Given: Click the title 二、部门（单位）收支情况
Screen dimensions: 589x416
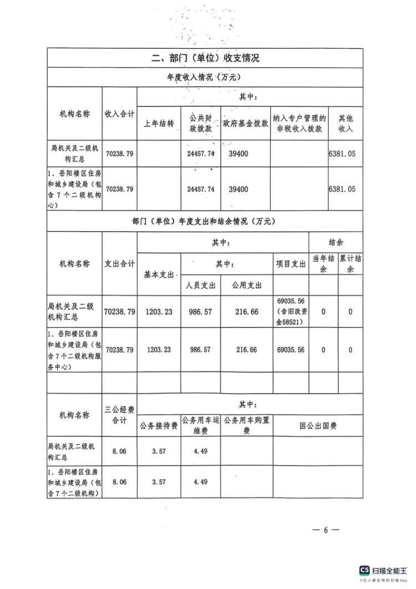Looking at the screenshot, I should point(205,58).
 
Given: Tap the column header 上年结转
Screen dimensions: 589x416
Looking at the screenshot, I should point(159,123).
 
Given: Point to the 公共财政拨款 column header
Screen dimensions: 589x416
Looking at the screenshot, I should point(201,123).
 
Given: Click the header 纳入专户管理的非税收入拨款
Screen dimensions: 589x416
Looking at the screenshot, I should point(299,123).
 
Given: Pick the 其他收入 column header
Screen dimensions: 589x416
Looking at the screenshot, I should point(346,123).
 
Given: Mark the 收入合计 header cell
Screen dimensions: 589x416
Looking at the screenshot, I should point(119,113).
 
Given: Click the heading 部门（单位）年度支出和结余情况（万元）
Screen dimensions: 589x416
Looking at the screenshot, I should point(205,221).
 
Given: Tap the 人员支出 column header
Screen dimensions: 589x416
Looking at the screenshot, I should point(201,285).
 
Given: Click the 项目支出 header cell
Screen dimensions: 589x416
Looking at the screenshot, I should point(291,264).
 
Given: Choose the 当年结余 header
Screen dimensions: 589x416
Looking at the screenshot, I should point(323,264).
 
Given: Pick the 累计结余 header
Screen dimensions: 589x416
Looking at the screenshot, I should point(351,264).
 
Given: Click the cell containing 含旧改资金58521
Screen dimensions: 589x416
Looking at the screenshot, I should point(291,312).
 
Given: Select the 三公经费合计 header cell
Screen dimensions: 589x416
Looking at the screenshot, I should point(119,415).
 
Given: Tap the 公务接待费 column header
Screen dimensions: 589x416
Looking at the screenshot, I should point(159,426).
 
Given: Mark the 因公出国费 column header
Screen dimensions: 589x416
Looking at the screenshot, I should point(318,426).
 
